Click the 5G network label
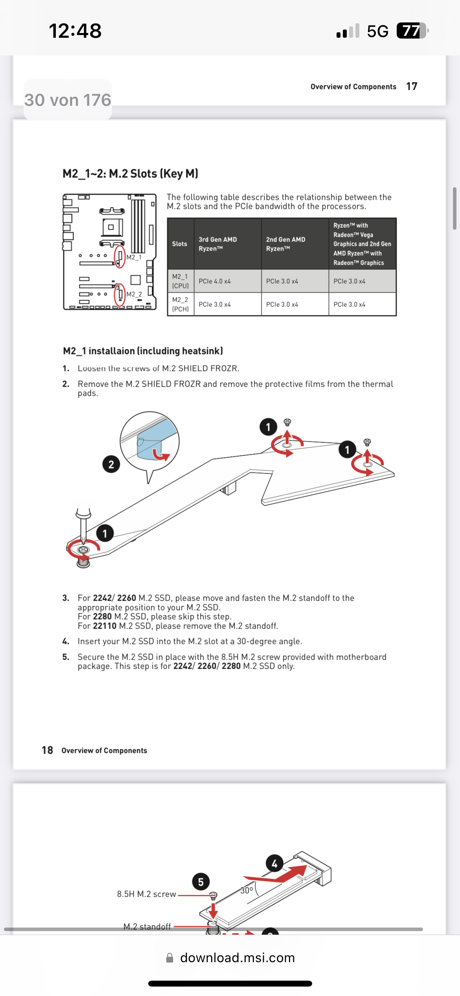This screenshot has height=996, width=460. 377,31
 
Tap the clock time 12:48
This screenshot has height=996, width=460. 75,31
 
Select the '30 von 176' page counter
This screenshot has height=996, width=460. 68,100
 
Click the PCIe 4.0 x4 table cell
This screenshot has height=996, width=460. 215,281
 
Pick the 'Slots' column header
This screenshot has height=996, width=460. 180,244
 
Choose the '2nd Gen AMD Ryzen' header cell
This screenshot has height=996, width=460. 286,244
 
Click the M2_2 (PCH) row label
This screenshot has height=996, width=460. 180,304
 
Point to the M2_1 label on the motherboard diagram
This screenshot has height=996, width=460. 134,257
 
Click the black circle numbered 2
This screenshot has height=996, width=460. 111,465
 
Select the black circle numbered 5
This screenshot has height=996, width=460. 201,882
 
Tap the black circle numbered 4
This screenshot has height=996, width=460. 274,863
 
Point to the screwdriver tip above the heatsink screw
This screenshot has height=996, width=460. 83,539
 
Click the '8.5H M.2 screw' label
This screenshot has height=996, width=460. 146,894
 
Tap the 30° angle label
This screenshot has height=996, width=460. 247,890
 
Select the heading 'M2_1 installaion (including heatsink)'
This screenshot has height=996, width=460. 143,351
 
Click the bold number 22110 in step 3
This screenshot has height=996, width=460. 105,626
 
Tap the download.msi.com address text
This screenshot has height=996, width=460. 237,957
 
